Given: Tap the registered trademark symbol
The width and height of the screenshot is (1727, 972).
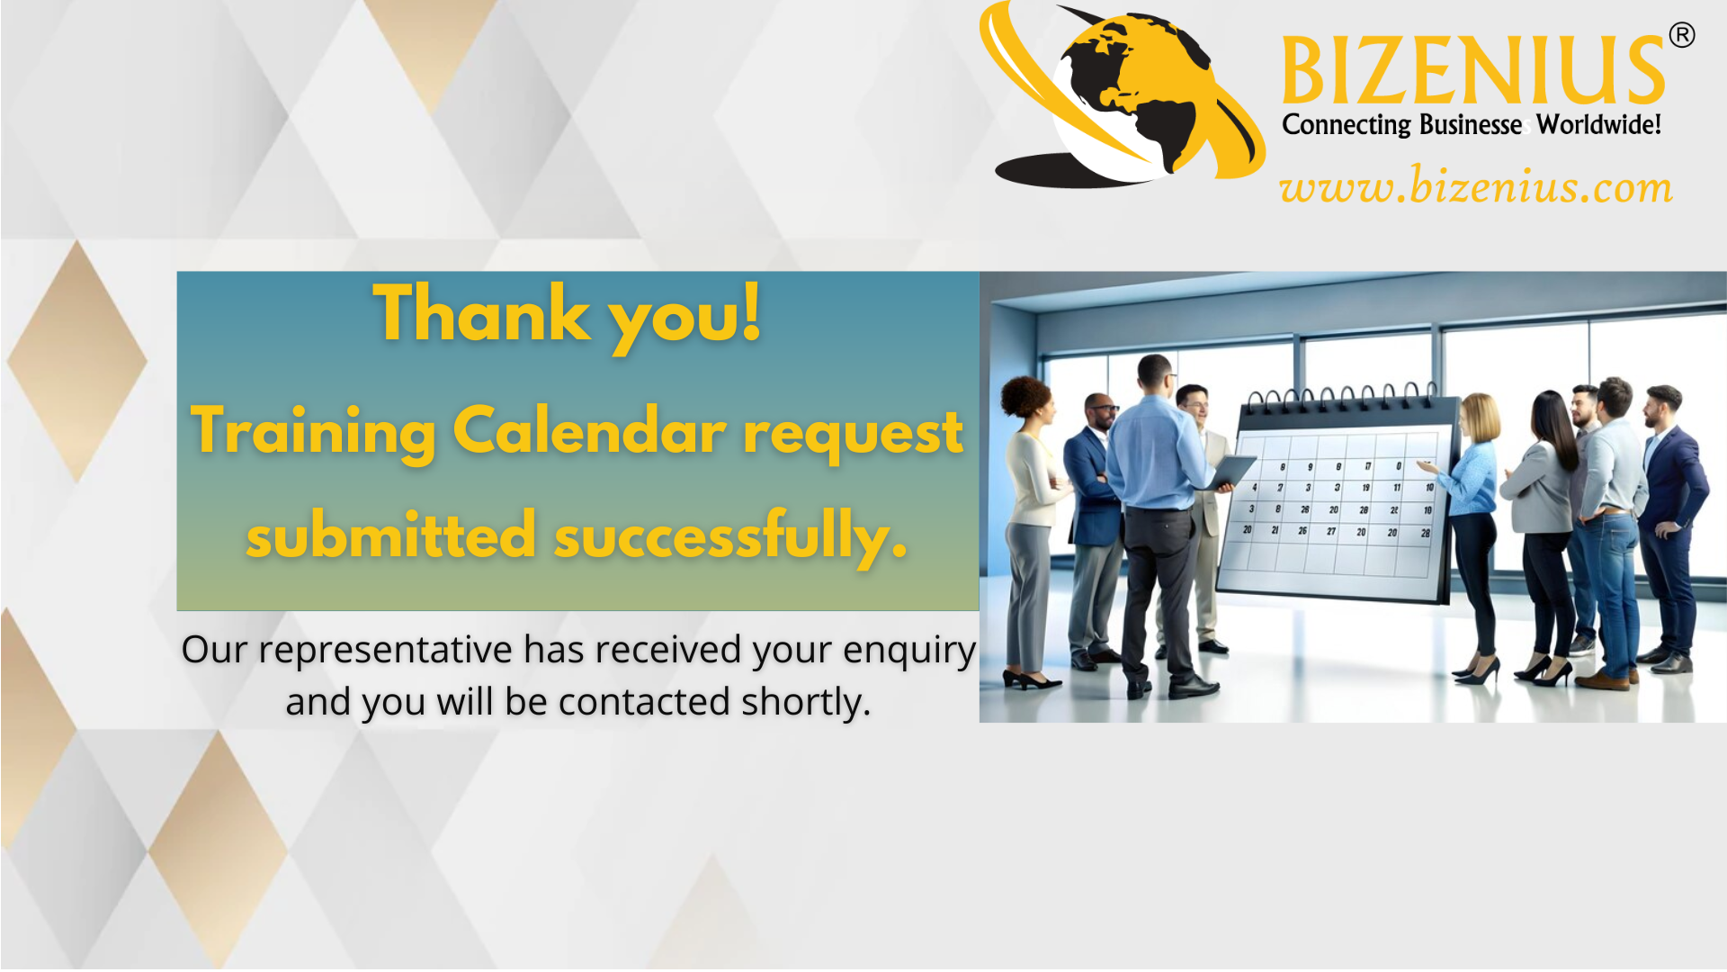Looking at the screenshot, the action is [1682, 35].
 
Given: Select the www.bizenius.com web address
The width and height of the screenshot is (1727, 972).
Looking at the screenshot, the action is [1476, 186].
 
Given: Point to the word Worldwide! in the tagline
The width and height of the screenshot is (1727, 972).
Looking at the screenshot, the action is [1598, 124].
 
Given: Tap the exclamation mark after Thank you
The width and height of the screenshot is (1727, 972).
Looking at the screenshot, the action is [751, 311].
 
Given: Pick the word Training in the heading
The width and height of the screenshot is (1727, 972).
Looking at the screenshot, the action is [313, 432].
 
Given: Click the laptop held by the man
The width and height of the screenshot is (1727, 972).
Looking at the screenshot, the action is [1230, 472].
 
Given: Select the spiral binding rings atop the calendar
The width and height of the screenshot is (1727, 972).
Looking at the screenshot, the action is [1340, 394].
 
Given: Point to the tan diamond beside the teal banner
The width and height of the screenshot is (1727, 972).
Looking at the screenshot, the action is [77, 361].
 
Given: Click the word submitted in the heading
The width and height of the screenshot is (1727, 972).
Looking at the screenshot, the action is [391, 535].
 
